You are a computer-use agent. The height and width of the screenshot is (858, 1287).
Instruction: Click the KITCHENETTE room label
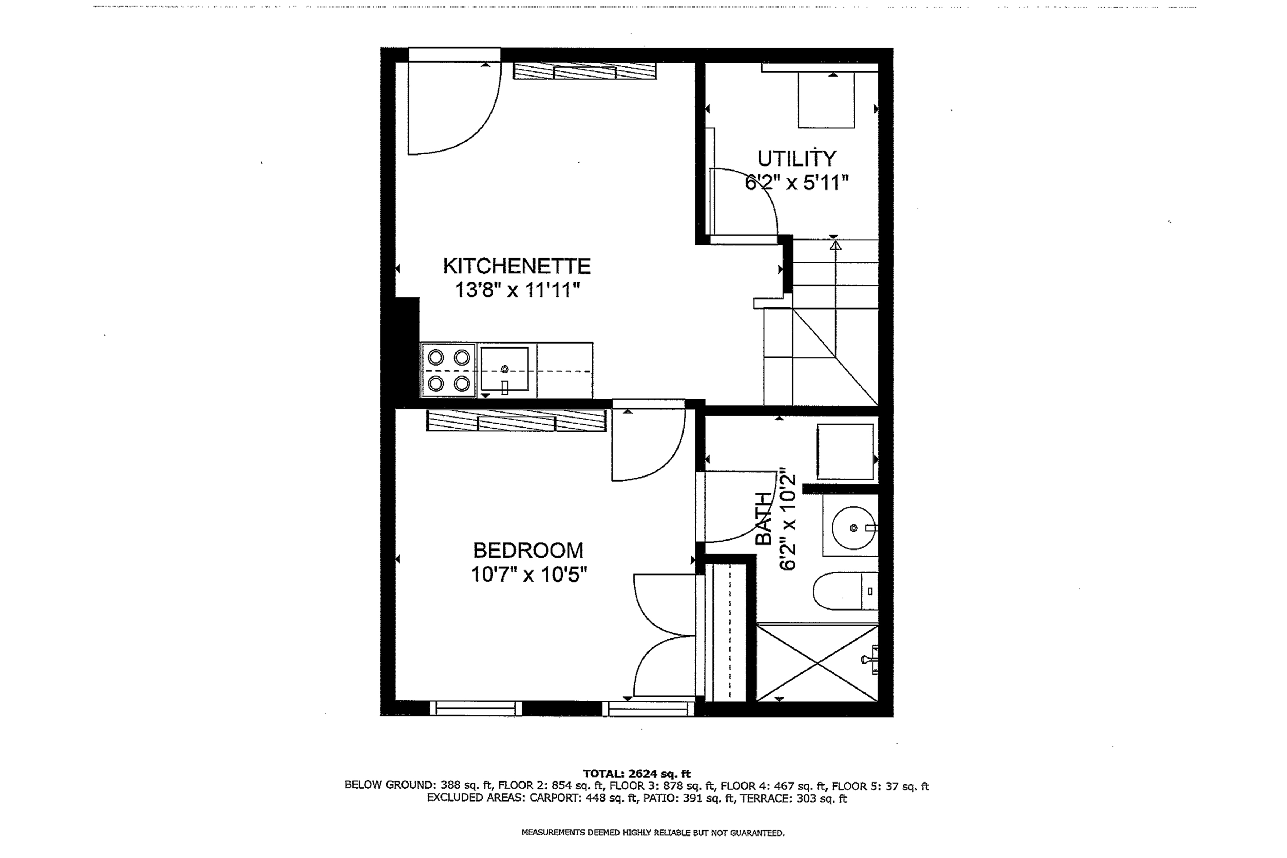pyautogui.click(x=517, y=266)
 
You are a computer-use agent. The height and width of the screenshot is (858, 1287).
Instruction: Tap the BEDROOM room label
pyautogui.click(x=528, y=550)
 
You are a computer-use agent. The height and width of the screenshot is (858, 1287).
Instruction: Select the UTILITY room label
pyautogui.click(x=797, y=159)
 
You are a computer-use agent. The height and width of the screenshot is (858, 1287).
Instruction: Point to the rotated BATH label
pyautogui.click(x=763, y=519)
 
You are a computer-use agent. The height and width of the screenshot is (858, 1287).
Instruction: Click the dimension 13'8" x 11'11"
pyautogui.click(x=517, y=290)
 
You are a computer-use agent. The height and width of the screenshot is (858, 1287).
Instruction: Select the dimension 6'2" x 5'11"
pyautogui.click(x=797, y=183)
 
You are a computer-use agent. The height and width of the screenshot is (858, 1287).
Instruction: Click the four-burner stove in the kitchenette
pyautogui.click(x=449, y=370)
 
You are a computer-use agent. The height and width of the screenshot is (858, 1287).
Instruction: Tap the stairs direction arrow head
pyautogui.click(x=835, y=246)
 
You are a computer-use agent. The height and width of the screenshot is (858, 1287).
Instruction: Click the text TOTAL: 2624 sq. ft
pyautogui.click(x=636, y=774)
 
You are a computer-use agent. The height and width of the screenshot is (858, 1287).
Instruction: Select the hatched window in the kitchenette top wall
pyautogui.click(x=585, y=71)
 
